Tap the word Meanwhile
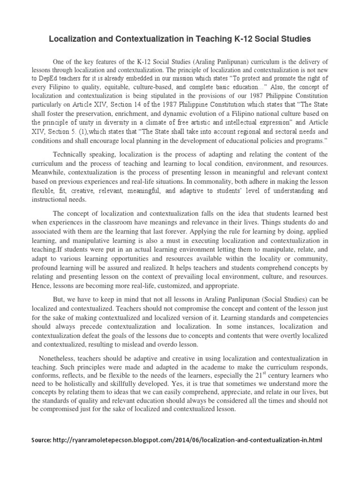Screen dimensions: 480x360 (x=47, y=172)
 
